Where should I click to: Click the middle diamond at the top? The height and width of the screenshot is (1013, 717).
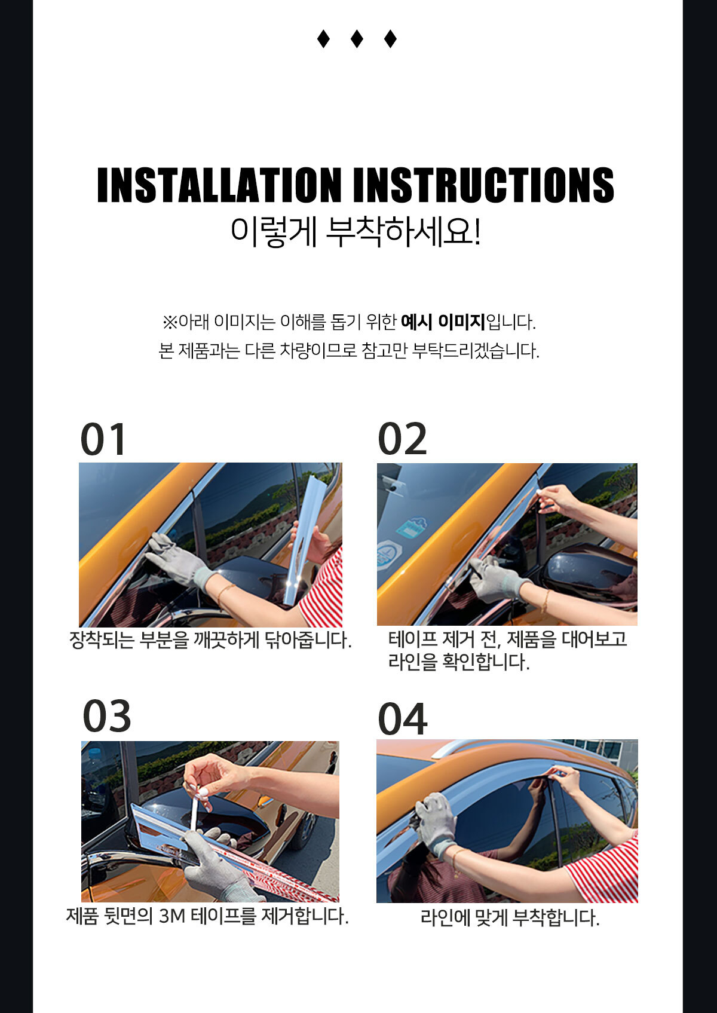[357, 39]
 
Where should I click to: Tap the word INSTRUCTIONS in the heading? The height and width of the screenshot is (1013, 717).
[484, 185]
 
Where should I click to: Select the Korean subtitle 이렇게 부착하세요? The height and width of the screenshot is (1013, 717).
[356, 232]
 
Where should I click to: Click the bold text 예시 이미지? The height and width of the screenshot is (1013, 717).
[443, 322]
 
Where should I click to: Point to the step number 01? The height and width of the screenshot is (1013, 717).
[103, 439]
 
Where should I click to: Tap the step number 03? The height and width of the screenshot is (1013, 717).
[107, 716]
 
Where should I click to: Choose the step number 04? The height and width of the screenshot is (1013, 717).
[402, 719]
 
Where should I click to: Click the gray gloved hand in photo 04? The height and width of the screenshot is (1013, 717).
[436, 824]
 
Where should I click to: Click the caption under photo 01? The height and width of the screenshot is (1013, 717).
[210, 639]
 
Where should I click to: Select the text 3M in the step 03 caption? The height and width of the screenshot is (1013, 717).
[172, 917]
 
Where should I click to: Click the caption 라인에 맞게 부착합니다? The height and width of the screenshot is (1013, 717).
[510, 918]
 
